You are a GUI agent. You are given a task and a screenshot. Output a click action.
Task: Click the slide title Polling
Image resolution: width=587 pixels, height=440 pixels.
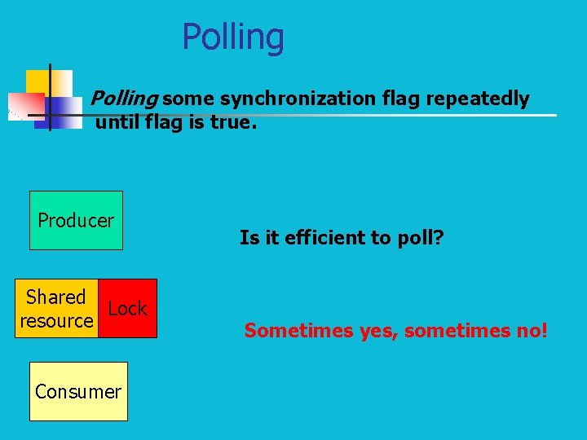point(233,37)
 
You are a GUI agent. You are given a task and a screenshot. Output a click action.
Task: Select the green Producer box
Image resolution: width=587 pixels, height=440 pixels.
point(76,220)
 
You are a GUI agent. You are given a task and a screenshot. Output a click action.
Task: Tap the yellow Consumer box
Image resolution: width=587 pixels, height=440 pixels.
point(78,391)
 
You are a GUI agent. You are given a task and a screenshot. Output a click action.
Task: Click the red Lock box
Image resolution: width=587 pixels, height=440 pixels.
point(127,308)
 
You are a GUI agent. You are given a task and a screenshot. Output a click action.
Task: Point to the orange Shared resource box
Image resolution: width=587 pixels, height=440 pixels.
point(56,308)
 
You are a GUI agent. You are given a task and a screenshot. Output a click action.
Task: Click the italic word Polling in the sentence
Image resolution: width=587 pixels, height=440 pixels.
point(123,99)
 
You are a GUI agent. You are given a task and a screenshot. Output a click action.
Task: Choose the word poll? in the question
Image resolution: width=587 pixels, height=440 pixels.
point(421,237)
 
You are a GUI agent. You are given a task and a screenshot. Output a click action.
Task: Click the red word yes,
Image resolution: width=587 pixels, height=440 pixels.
point(379,330)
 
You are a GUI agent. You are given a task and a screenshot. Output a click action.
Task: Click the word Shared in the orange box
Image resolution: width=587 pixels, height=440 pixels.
point(55,297)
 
